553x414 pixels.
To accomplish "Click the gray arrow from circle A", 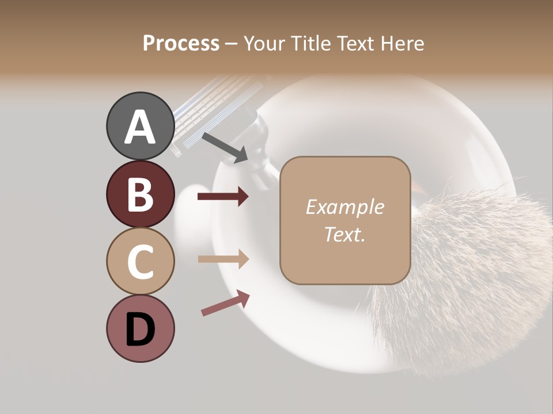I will (225, 147).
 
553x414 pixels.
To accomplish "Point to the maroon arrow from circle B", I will (223, 197).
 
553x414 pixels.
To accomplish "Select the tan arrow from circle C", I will (223, 259).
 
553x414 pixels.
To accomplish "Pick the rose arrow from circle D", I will (225, 303).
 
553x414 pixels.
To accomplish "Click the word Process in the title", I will (181, 44).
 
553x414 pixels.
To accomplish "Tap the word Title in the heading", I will (312, 44).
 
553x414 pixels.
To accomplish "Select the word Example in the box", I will (344, 207).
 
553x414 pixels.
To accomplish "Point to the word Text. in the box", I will (344, 234).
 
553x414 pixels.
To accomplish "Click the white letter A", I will (140, 127).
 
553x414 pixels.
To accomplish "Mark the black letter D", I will (140, 329).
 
